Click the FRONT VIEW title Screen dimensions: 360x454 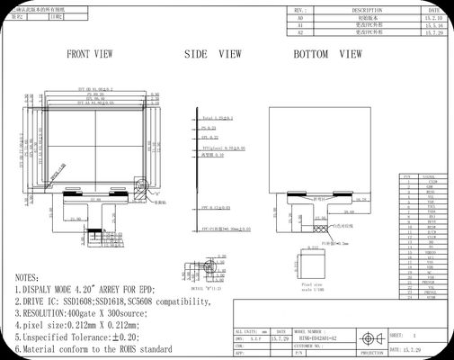(x=90, y=54)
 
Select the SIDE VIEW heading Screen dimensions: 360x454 (x=213, y=54)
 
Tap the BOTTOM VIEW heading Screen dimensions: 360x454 (x=327, y=54)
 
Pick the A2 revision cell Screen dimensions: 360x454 (x=300, y=31)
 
